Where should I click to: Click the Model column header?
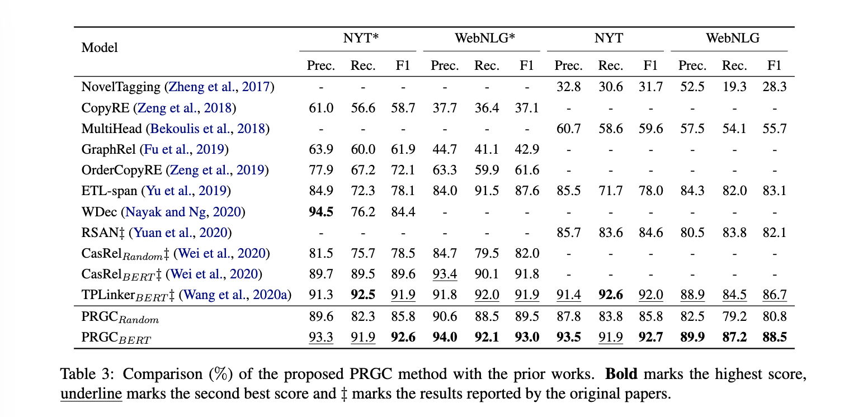[100, 48]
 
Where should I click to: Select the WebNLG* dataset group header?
[484, 39]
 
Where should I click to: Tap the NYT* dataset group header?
[361, 39]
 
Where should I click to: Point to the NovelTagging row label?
[121, 87]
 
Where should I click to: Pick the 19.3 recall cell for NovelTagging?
[734, 87]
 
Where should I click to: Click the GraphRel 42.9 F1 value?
[526, 149]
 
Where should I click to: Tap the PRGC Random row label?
[120, 318]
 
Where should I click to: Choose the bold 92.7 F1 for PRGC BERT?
[650, 338]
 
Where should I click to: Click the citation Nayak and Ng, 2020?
[185, 212]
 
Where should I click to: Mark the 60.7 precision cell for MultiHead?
[568, 129]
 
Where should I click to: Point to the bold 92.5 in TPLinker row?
[362, 295]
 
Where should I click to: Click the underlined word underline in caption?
[91, 393]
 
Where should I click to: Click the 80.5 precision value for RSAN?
[692, 233]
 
